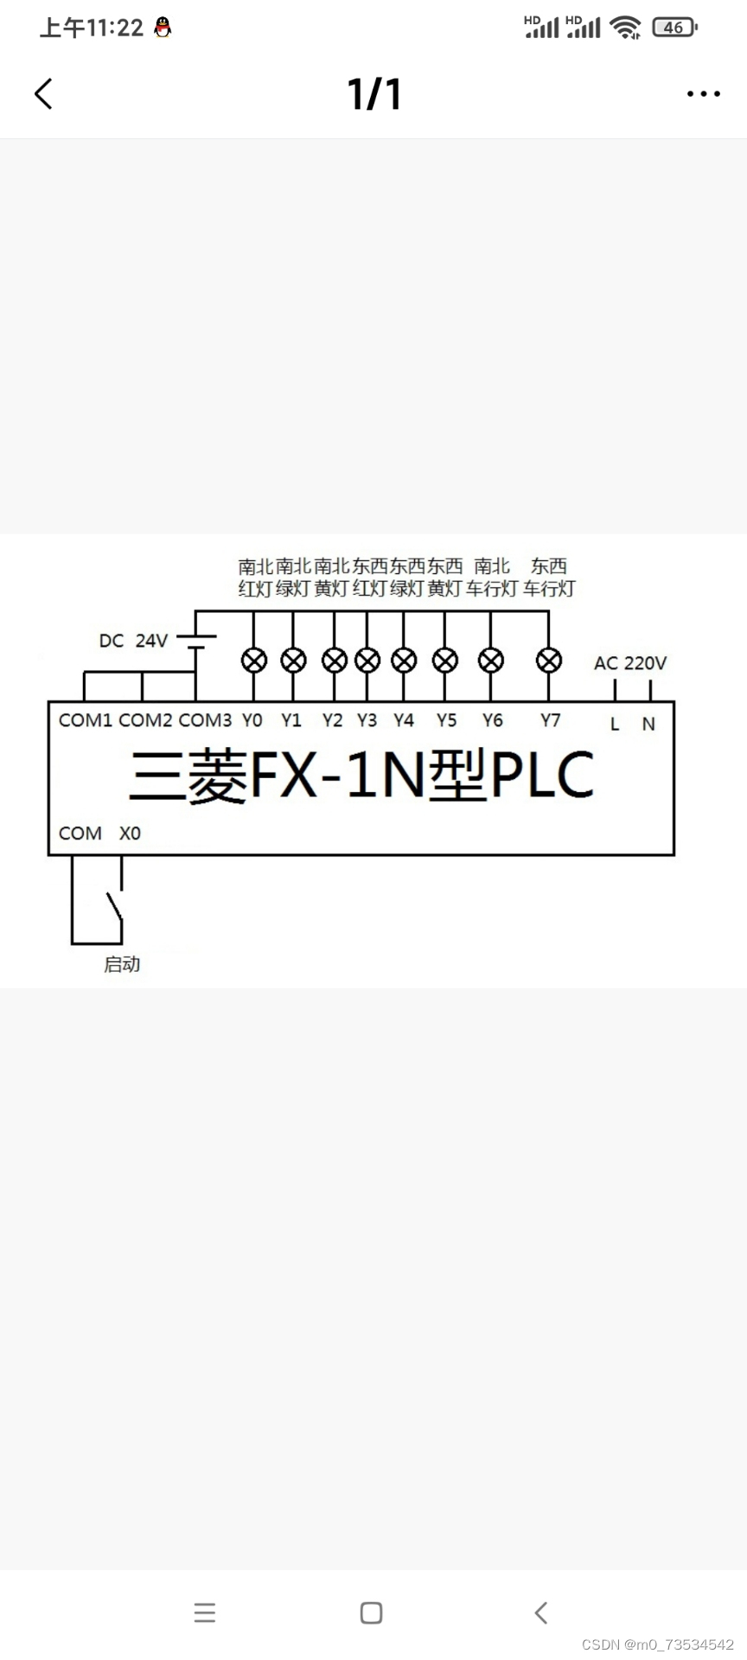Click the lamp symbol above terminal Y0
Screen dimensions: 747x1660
253,661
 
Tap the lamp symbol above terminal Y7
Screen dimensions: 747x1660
549,661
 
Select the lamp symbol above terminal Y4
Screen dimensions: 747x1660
404,661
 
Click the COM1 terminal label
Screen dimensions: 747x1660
85,720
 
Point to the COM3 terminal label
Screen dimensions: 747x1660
205,720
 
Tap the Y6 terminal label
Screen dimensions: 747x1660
492,720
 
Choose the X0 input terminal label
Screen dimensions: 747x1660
130,833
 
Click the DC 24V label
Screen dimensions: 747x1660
133,641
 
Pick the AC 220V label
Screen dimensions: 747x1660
630,663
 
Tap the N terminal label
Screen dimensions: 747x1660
648,725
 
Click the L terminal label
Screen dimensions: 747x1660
615,725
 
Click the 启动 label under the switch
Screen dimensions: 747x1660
122,964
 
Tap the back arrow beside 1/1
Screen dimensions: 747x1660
43,93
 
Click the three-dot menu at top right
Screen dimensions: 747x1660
703,93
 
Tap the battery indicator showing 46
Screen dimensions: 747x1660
674,28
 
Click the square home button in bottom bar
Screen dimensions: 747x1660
371,1612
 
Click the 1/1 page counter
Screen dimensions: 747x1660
374,93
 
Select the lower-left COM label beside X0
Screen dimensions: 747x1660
80,833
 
